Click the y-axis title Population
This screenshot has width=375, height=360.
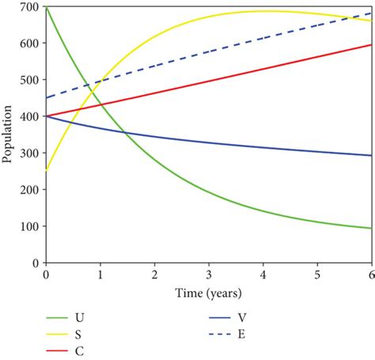coord(7,134)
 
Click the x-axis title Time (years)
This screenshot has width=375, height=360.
coord(209,292)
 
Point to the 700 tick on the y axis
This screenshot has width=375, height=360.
coord(29,7)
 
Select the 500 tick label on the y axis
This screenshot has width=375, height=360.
coord(29,80)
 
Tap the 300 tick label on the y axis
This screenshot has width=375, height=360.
coord(29,153)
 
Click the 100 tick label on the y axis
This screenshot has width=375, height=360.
coord(29,226)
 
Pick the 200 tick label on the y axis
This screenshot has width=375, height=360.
coord(29,190)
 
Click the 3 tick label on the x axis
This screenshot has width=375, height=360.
coord(209,274)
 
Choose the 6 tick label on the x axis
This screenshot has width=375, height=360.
coord(371,274)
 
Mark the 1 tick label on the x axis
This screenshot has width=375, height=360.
coord(100,274)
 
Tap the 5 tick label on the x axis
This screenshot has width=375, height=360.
coord(317,274)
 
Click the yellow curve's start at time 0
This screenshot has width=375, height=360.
coord(47,169)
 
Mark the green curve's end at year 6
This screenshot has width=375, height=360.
coord(371,229)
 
